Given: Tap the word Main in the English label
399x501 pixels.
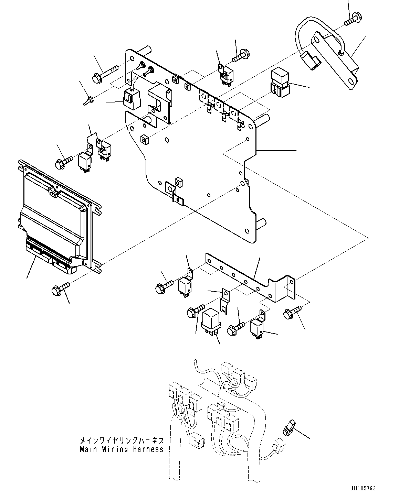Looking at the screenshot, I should pyautogui.click(x=88, y=449).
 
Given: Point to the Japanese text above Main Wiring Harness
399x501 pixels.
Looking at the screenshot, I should pyautogui.click(x=121, y=440).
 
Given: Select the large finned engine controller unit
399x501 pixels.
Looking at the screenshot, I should pyautogui.click(x=57, y=213).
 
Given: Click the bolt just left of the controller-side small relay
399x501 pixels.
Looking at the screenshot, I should pyautogui.click(x=63, y=162).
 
